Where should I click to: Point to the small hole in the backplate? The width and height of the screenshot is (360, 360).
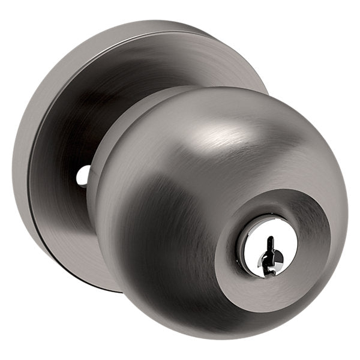click(82, 175)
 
